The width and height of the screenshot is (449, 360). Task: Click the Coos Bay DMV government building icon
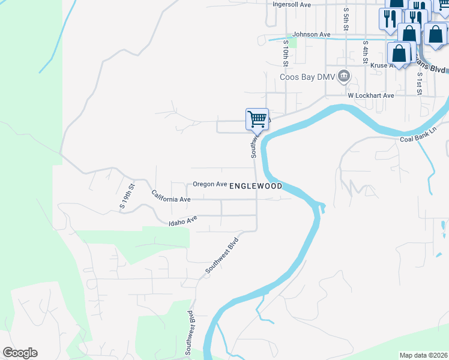(x=344, y=76)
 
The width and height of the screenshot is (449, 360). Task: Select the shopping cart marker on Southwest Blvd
(x=257, y=119)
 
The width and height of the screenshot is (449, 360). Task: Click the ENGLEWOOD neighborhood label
(x=256, y=186)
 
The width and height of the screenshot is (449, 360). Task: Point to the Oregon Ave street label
(x=209, y=184)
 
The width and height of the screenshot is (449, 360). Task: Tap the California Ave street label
(x=171, y=196)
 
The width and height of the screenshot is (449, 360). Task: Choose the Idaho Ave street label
(x=183, y=221)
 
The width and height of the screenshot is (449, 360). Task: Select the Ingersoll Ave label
(x=292, y=4)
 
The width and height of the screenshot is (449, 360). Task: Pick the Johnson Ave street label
(x=312, y=35)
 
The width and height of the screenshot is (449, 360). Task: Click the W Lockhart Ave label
(x=370, y=95)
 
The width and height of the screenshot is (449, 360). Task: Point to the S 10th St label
(x=286, y=54)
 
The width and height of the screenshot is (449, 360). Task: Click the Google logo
(x=20, y=353)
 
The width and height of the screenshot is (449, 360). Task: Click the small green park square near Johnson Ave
(x=292, y=43)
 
